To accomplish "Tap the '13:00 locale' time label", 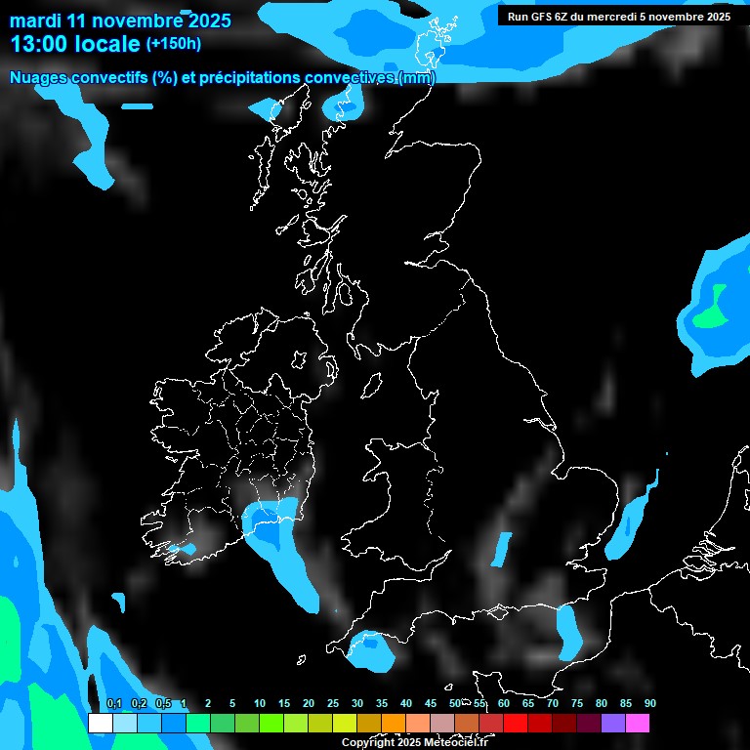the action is coord(74,44).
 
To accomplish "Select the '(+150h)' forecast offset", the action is coord(174,44).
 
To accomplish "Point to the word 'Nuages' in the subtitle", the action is coord(40,78).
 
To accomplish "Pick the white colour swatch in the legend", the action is coord(100,723).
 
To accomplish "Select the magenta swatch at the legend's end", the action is coord(638,723).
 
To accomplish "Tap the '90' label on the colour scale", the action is coord(650,704).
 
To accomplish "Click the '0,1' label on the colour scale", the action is coord(114,704).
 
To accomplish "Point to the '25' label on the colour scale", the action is coord(333,704).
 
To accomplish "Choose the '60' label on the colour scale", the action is coord(504,704).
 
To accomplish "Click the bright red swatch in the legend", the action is coord(516,723).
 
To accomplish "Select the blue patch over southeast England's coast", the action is coord(567,631).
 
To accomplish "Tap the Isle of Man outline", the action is coord(372,387).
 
